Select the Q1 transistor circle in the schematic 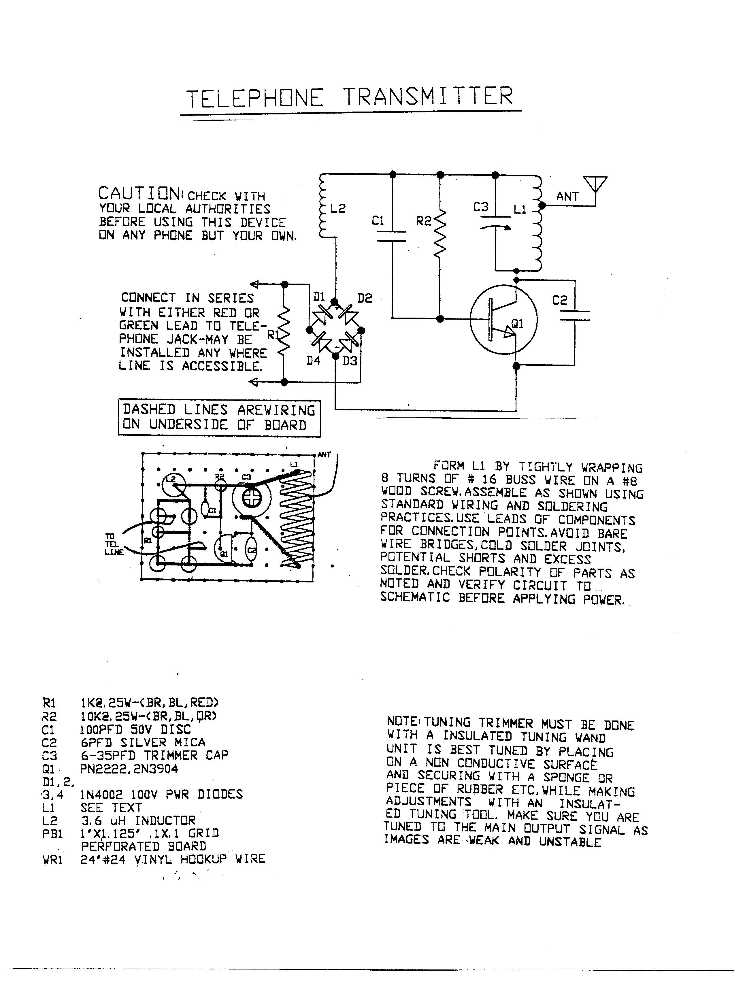(x=503, y=320)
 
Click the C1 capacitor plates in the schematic (x=392, y=237)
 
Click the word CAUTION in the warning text (x=139, y=194)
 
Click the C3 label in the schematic (x=481, y=207)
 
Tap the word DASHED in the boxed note (x=149, y=409)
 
